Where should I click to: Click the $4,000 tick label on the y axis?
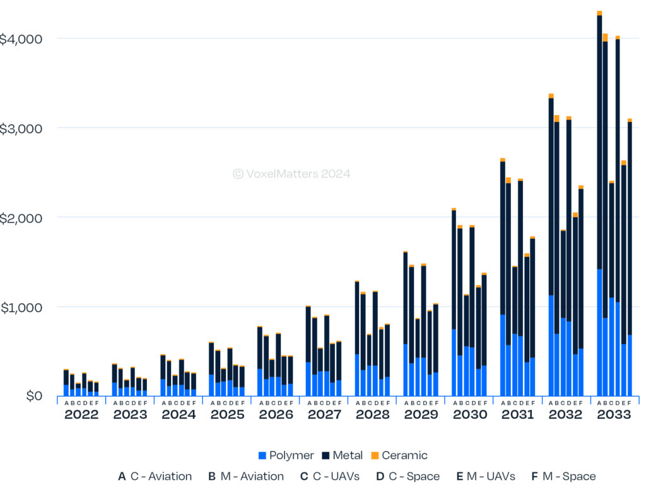coord(21,39)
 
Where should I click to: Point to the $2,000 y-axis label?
coord(21,218)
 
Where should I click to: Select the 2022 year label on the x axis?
coord(81,415)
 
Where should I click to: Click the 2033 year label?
coord(614,415)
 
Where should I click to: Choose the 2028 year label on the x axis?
coord(372,415)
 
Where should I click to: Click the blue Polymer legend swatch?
coord(262,455)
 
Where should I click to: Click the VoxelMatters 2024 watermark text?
coord(291,174)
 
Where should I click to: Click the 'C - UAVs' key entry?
coord(332,476)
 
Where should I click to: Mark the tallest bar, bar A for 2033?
coord(599,189)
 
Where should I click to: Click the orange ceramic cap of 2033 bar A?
coord(599,13)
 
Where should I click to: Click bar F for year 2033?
coord(630,253)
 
